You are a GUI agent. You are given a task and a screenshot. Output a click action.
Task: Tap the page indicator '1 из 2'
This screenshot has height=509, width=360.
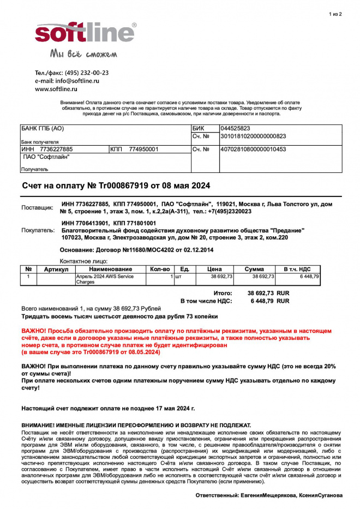click(335, 14)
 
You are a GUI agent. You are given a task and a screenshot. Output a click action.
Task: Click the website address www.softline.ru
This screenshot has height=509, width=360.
click(56, 89)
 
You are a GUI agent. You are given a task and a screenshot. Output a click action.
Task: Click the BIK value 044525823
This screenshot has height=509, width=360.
click(235, 128)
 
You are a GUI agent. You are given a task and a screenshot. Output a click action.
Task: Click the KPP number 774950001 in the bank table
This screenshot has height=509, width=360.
click(143, 149)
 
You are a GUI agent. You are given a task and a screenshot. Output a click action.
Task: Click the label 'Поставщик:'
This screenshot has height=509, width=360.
click(37, 208)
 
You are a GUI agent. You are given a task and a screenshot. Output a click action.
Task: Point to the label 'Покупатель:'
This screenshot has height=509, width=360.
click(38, 230)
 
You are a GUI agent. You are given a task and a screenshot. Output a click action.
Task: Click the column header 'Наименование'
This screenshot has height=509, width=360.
click(111, 269)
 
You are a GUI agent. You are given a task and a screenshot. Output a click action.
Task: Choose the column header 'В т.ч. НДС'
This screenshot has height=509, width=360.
click(297, 269)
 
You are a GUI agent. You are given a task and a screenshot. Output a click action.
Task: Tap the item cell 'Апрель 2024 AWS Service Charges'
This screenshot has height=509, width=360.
click(104, 279)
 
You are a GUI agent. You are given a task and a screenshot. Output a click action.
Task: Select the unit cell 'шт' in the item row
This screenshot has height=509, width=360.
click(178, 277)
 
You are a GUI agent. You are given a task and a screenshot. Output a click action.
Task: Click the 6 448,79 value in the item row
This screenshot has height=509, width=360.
click(309, 277)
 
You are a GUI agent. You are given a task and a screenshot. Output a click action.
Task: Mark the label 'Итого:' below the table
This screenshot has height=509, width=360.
click(223, 293)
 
